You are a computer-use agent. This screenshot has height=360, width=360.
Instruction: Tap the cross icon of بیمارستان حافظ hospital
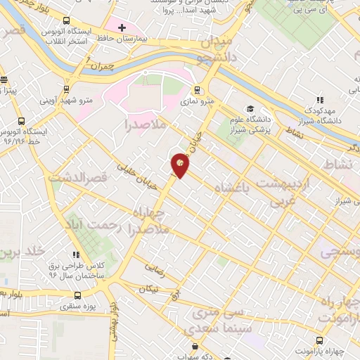(x=122, y=27)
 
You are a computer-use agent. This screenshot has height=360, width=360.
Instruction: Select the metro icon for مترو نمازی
(x=198, y=90)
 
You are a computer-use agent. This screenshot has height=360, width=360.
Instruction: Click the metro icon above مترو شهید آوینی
(x=66, y=89)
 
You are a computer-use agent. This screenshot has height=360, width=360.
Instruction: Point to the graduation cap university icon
(x=249, y=108)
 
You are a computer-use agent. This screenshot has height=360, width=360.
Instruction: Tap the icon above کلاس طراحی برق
(x=75, y=255)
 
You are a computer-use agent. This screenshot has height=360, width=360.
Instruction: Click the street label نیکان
(x=149, y=288)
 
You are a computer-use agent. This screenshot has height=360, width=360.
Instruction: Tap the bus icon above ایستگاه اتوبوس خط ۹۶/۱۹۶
(x=21, y=120)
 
